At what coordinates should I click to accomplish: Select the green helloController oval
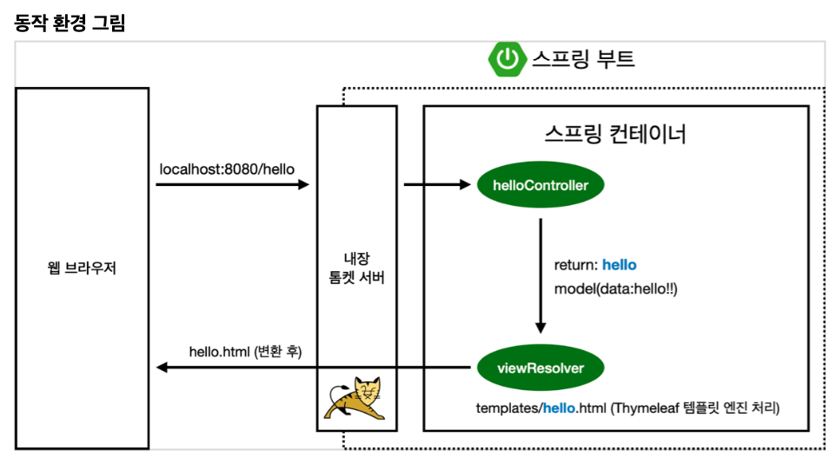540,185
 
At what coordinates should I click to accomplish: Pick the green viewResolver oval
540,368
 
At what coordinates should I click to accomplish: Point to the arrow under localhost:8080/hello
233,184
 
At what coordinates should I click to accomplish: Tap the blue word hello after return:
620,265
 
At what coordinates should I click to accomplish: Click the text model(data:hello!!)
615,288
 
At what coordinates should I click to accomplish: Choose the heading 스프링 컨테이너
615,134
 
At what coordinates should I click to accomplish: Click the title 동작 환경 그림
70,23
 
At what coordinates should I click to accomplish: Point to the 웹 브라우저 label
82,268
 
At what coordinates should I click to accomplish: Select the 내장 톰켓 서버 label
356,268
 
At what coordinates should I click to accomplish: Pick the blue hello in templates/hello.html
560,407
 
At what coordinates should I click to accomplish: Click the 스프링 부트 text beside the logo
583,59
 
